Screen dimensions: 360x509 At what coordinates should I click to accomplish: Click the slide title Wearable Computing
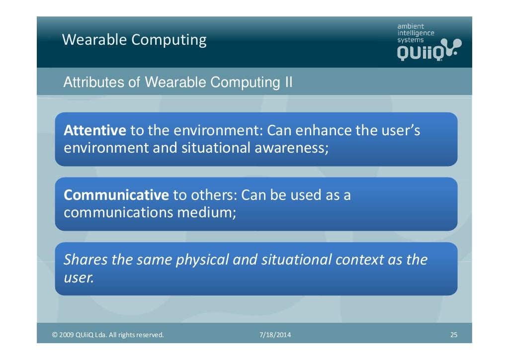pyautogui.click(x=134, y=40)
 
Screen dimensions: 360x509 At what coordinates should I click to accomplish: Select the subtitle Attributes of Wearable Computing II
pyautogui.click(x=177, y=82)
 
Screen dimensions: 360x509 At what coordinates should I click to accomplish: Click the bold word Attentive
pyautogui.click(x=95, y=131)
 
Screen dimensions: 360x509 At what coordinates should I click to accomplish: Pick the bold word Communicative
pyautogui.click(x=116, y=195)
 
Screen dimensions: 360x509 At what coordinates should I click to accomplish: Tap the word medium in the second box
pyautogui.click(x=206, y=212)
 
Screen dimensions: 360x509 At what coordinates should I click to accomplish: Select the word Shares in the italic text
pyautogui.click(x=86, y=260)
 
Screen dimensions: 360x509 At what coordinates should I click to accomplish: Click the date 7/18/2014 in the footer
pyautogui.click(x=275, y=335)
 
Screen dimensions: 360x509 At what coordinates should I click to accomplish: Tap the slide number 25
pyautogui.click(x=453, y=335)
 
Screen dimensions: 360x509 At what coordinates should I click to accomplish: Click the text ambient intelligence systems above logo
pyautogui.click(x=415, y=33)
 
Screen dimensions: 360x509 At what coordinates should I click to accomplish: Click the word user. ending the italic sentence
pyautogui.click(x=79, y=277)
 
